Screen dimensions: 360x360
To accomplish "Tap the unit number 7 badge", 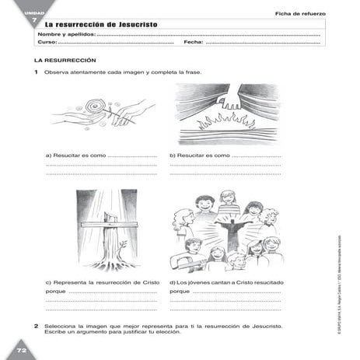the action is pos(23,19).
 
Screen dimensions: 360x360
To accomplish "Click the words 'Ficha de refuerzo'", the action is pos(299,14).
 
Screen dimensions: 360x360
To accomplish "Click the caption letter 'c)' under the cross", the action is pos(50,281).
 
